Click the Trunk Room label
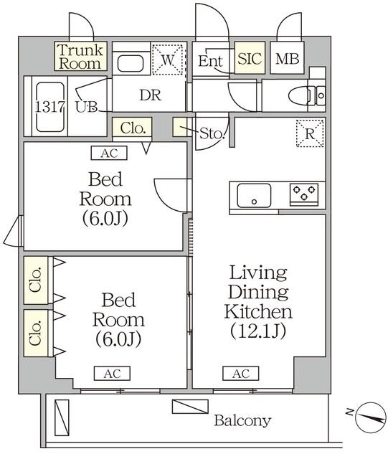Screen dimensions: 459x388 click(x=80, y=57)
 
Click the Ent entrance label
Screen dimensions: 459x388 click(x=211, y=61)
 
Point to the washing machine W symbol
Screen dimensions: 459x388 click(x=168, y=60)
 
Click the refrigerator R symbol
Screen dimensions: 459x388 click(x=310, y=133)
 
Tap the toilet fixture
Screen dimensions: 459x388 click(x=305, y=95)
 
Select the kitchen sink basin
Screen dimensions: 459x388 click(x=254, y=194)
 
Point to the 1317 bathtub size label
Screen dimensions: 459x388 click(x=48, y=106)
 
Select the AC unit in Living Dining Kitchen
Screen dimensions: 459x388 click(x=241, y=374)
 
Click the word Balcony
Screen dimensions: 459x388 click(x=242, y=420)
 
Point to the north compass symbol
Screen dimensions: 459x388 click(x=369, y=417)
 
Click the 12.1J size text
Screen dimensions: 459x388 click(x=258, y=331)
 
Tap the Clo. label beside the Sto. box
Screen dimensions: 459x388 click(x=133, y=129)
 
